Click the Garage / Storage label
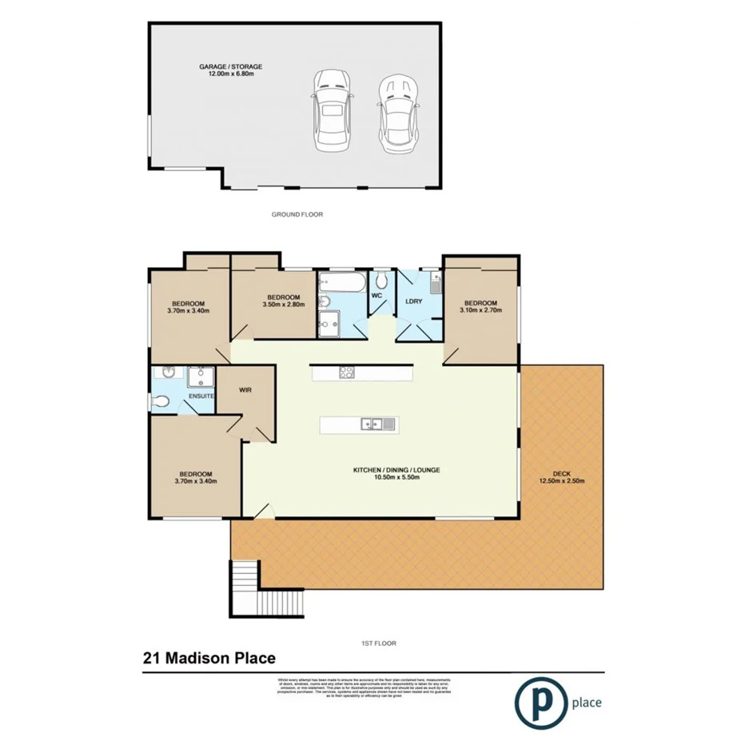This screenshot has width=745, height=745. point(230,70)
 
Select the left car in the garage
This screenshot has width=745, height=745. point(331,110)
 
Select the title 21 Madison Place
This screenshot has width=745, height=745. point(209,659)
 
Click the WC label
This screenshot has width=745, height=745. point(377,296)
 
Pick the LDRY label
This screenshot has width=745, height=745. point(414,301)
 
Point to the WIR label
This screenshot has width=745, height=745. point(246,391)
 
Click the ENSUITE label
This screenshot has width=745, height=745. point(200,396)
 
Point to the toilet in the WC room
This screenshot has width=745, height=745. point(382,279)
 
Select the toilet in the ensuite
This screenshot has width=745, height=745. point(161,402)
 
